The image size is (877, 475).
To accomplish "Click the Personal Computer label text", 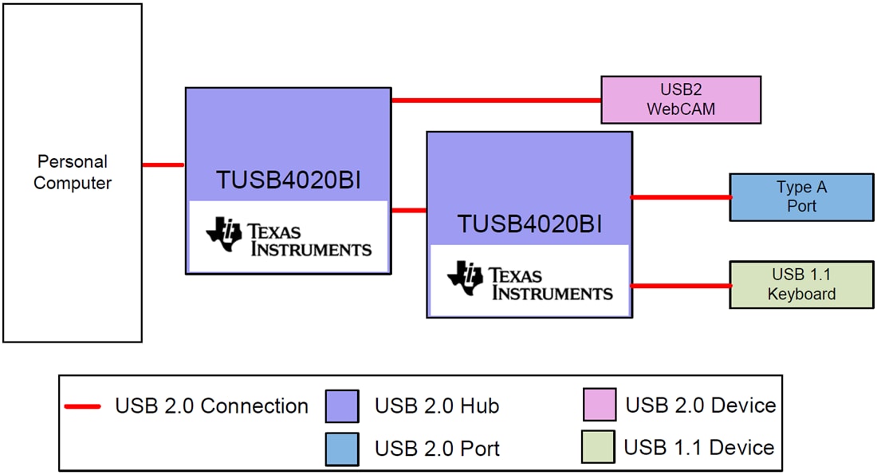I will [73, 172].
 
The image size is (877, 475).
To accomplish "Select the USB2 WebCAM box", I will [680, 100].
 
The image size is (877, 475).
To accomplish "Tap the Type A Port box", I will [801, 197].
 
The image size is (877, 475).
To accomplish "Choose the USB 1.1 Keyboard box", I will [801, 285].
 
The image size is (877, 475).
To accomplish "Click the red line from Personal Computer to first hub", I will [163, 165].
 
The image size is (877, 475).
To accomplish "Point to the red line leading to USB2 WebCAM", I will [495, 101].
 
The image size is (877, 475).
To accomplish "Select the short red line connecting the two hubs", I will [408, 211].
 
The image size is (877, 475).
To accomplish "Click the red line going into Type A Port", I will [680, 197].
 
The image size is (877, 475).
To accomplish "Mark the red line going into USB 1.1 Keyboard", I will [680, 285].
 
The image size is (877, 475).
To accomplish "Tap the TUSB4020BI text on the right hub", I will [529, 224].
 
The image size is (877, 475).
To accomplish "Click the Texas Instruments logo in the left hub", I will [289, 237].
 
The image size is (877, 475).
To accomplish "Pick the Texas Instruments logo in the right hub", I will [529, 281].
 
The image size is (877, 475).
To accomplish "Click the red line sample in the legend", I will [82, 406].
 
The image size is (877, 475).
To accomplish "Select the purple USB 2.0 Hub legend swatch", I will [342, 406].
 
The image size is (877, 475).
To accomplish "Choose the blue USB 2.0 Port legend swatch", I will [342, 448].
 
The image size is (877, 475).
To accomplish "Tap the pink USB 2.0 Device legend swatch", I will [599, 405].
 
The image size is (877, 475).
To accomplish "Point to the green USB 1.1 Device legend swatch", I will [599, 447].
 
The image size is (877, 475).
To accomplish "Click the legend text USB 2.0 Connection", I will [211, 406].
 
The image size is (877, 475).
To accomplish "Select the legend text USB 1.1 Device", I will [698, 447].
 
